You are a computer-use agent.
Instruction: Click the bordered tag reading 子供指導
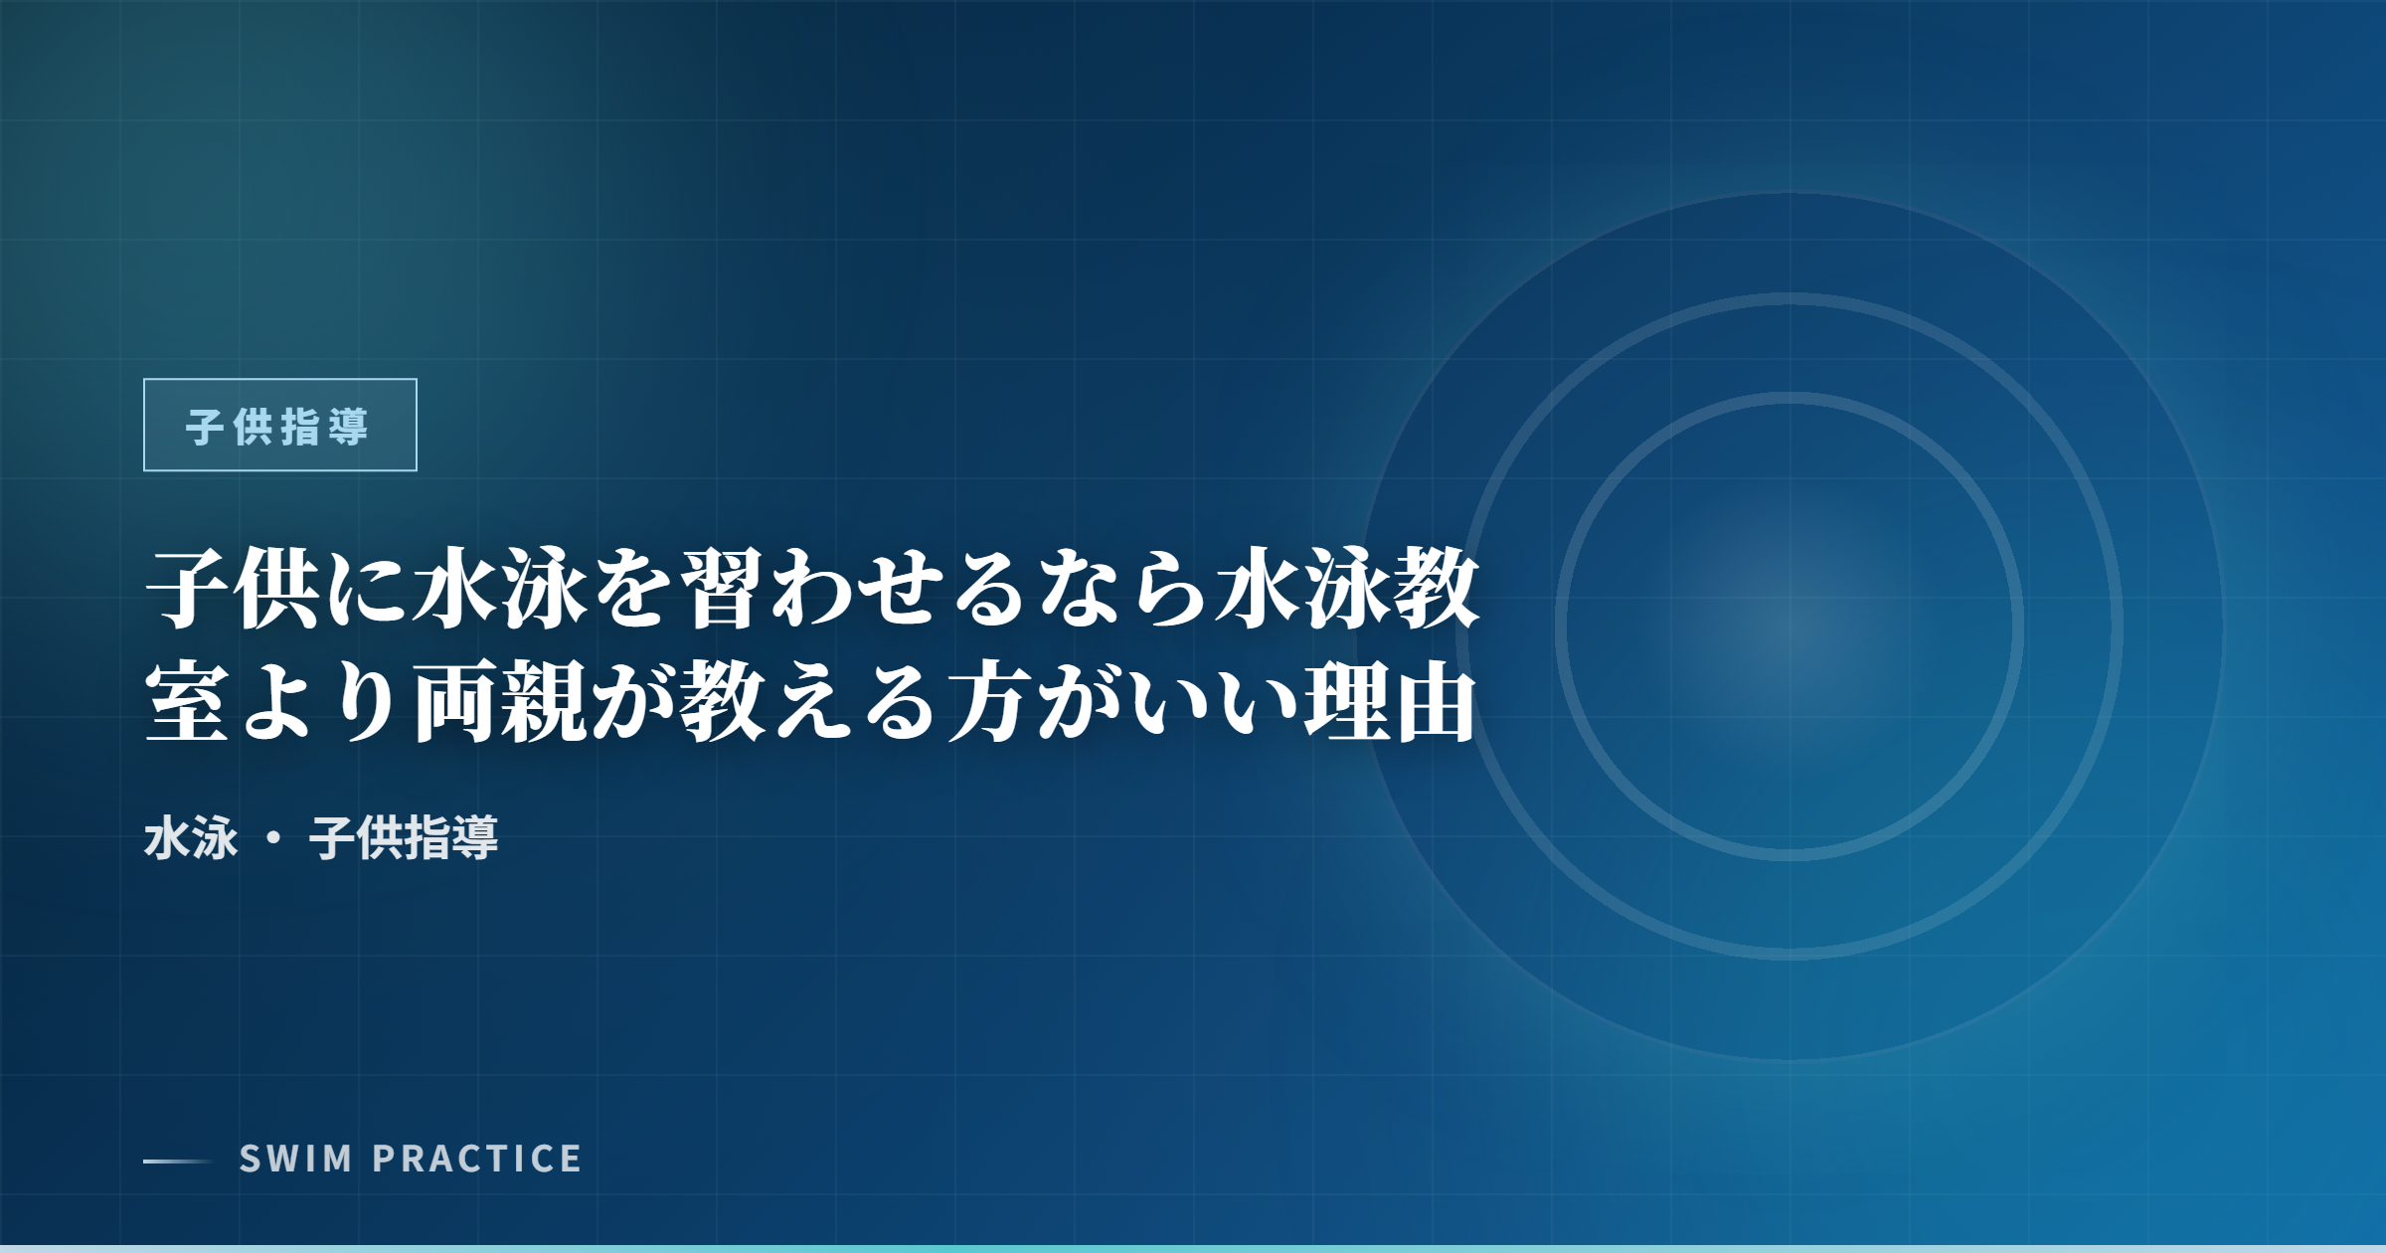[280, 425]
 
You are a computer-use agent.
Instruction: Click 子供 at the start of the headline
[235, 591]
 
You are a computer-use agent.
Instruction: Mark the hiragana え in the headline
[812, 704]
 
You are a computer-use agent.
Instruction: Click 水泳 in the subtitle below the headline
[191, 837]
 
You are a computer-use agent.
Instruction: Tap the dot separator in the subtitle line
[273, 838]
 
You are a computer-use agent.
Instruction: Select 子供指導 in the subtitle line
[404, 837]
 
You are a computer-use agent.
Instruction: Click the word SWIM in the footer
[295, 1159]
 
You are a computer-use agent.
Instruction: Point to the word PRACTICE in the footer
[477, 1159]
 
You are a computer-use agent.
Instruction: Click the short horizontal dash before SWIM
[178, 1161]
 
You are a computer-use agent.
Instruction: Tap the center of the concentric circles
[1789, 626]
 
